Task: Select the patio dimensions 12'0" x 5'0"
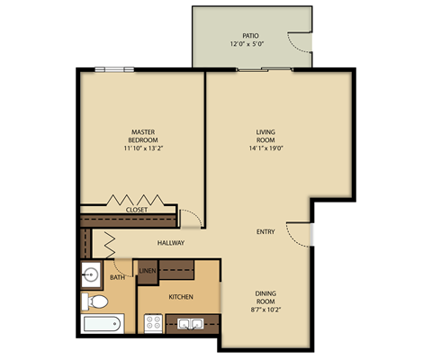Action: coord(251,43)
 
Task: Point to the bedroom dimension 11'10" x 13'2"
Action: coord(144,150)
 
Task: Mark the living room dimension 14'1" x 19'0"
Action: coord(265,150)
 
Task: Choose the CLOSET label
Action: coord(137,210)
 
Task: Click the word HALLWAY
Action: coord(171,243)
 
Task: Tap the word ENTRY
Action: coord(265,232)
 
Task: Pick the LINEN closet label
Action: coord(146,269)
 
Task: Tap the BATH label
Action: coord(118,278)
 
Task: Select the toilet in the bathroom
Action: coord(90,301)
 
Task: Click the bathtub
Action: coord(101,325)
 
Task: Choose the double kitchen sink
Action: coord(190,324)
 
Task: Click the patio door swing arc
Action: coord(298,40)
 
